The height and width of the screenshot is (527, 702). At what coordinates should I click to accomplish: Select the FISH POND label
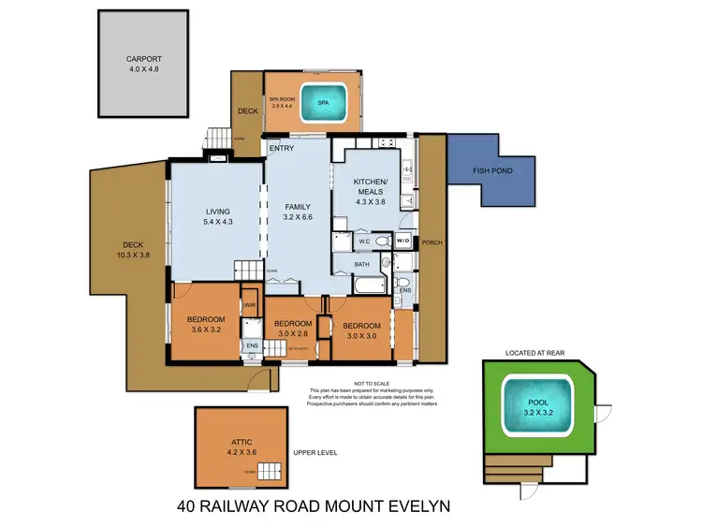click(x=490, y=169)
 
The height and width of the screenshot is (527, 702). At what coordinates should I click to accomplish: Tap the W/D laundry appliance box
click(x=403, y=241)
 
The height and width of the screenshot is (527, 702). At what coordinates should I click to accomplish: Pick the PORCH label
click(x=431, y=242)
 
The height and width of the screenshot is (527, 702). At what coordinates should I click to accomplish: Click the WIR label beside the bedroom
click(x=250, y=303)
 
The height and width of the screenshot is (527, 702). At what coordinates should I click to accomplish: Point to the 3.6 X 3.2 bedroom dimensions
click(x=204, y=329)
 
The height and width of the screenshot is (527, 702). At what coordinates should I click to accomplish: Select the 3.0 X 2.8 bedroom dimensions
click(x=292, y=333)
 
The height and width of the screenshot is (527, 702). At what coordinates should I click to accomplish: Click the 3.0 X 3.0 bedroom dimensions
click(x=362, y=336)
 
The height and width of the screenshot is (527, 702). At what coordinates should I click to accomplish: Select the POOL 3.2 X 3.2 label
click(x=538, y=409)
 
